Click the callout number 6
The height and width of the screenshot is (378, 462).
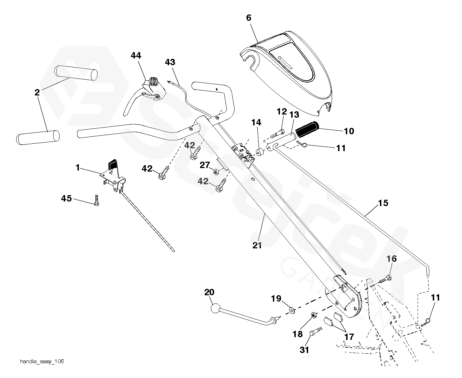coord(249,18)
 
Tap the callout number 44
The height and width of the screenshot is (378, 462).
coord(136,55)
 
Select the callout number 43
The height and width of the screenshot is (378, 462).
coord(170,62)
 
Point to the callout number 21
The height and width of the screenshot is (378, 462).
coord(257,245)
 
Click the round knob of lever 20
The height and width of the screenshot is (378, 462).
coord(215,309)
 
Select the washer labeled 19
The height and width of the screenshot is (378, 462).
coord(292,310)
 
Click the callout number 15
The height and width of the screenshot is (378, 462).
coord(383,203)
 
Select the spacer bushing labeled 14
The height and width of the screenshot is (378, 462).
coord(261,153)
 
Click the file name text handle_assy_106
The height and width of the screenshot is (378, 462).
coord(42,361)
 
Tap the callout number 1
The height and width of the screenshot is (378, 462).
coord(78,168)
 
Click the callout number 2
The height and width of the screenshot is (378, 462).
coord(37,93)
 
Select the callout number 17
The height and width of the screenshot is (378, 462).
coord(349,337)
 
